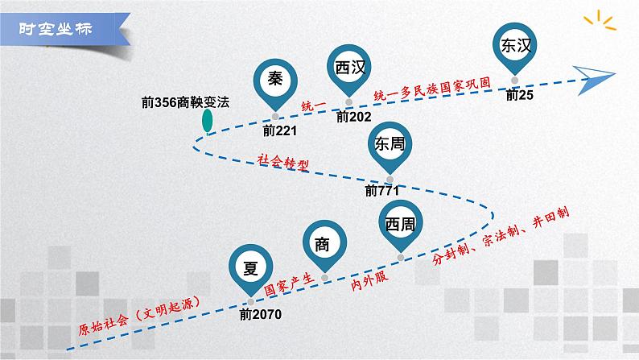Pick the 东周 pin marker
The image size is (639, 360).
[390, 144]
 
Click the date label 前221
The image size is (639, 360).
[279, 130]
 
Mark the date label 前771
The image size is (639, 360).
[382, 192]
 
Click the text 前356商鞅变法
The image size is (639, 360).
[184, 103]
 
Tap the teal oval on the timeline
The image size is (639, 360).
[208, 121]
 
